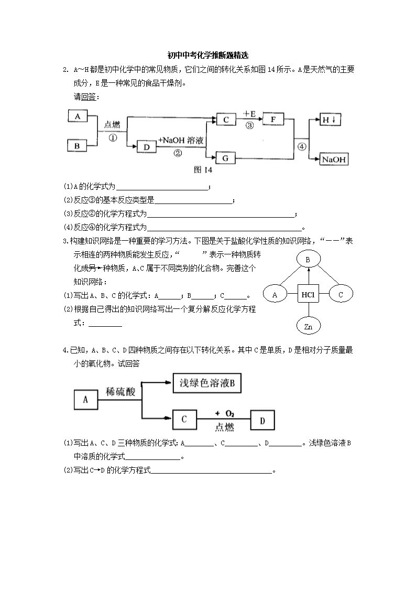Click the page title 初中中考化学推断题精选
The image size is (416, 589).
208,55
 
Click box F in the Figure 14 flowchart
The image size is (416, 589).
273,120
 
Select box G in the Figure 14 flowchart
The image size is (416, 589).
225,158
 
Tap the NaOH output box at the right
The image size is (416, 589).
333,159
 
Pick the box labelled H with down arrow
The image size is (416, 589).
330,120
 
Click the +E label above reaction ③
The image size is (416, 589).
249,113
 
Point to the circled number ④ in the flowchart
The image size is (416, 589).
302,147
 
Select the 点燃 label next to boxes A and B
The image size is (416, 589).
112,125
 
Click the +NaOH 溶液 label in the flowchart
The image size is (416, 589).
181,141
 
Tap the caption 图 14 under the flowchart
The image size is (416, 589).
203,170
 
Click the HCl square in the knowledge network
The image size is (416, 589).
308,295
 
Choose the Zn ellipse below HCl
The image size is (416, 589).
309,326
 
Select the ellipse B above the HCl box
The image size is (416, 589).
308,259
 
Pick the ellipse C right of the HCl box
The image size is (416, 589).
341,295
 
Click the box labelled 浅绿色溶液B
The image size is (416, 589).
206,383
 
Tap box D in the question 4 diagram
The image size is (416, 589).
262,420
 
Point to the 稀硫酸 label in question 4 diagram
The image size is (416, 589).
121,392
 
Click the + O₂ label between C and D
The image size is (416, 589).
225,414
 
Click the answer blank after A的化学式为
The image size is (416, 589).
162,190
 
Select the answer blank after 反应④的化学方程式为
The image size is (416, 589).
224,230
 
